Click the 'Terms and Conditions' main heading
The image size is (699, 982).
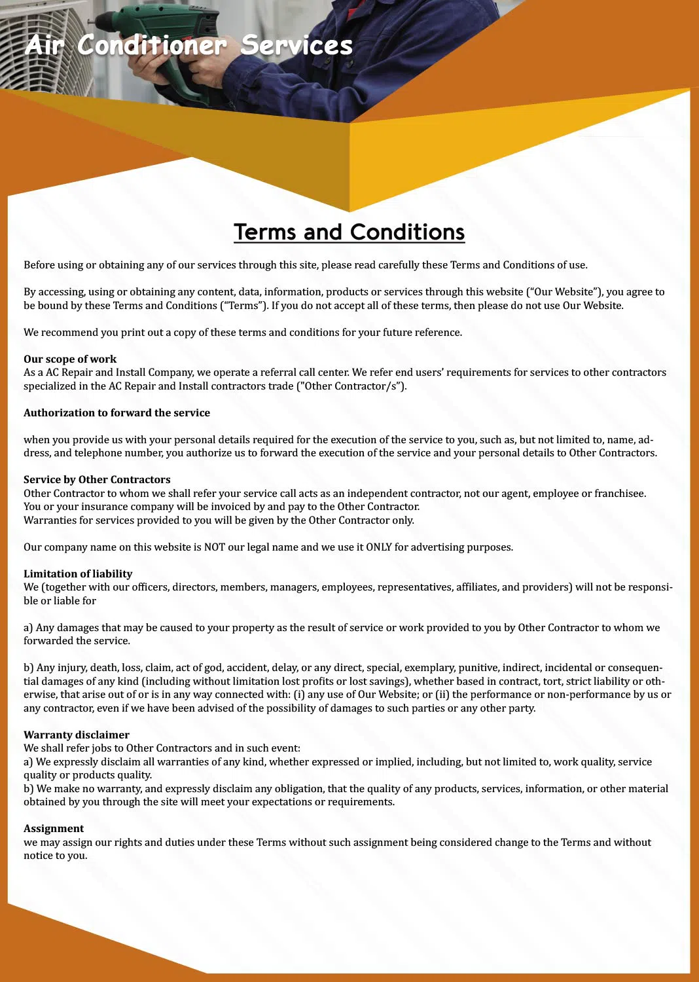(x=349, y=232)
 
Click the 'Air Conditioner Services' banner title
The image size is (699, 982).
(x=189, y=46)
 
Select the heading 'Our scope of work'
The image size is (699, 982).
(x=70, y=359)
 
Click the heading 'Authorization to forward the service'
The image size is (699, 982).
(x=116, y=412)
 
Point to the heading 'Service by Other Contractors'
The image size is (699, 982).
(x=97, y=479)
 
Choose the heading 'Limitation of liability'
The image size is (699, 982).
(x=78, y=573)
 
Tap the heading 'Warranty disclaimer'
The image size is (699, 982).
(x=77, y=735)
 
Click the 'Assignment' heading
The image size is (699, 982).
(x=54, y=828)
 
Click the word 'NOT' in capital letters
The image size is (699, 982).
(x=215, y=547)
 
